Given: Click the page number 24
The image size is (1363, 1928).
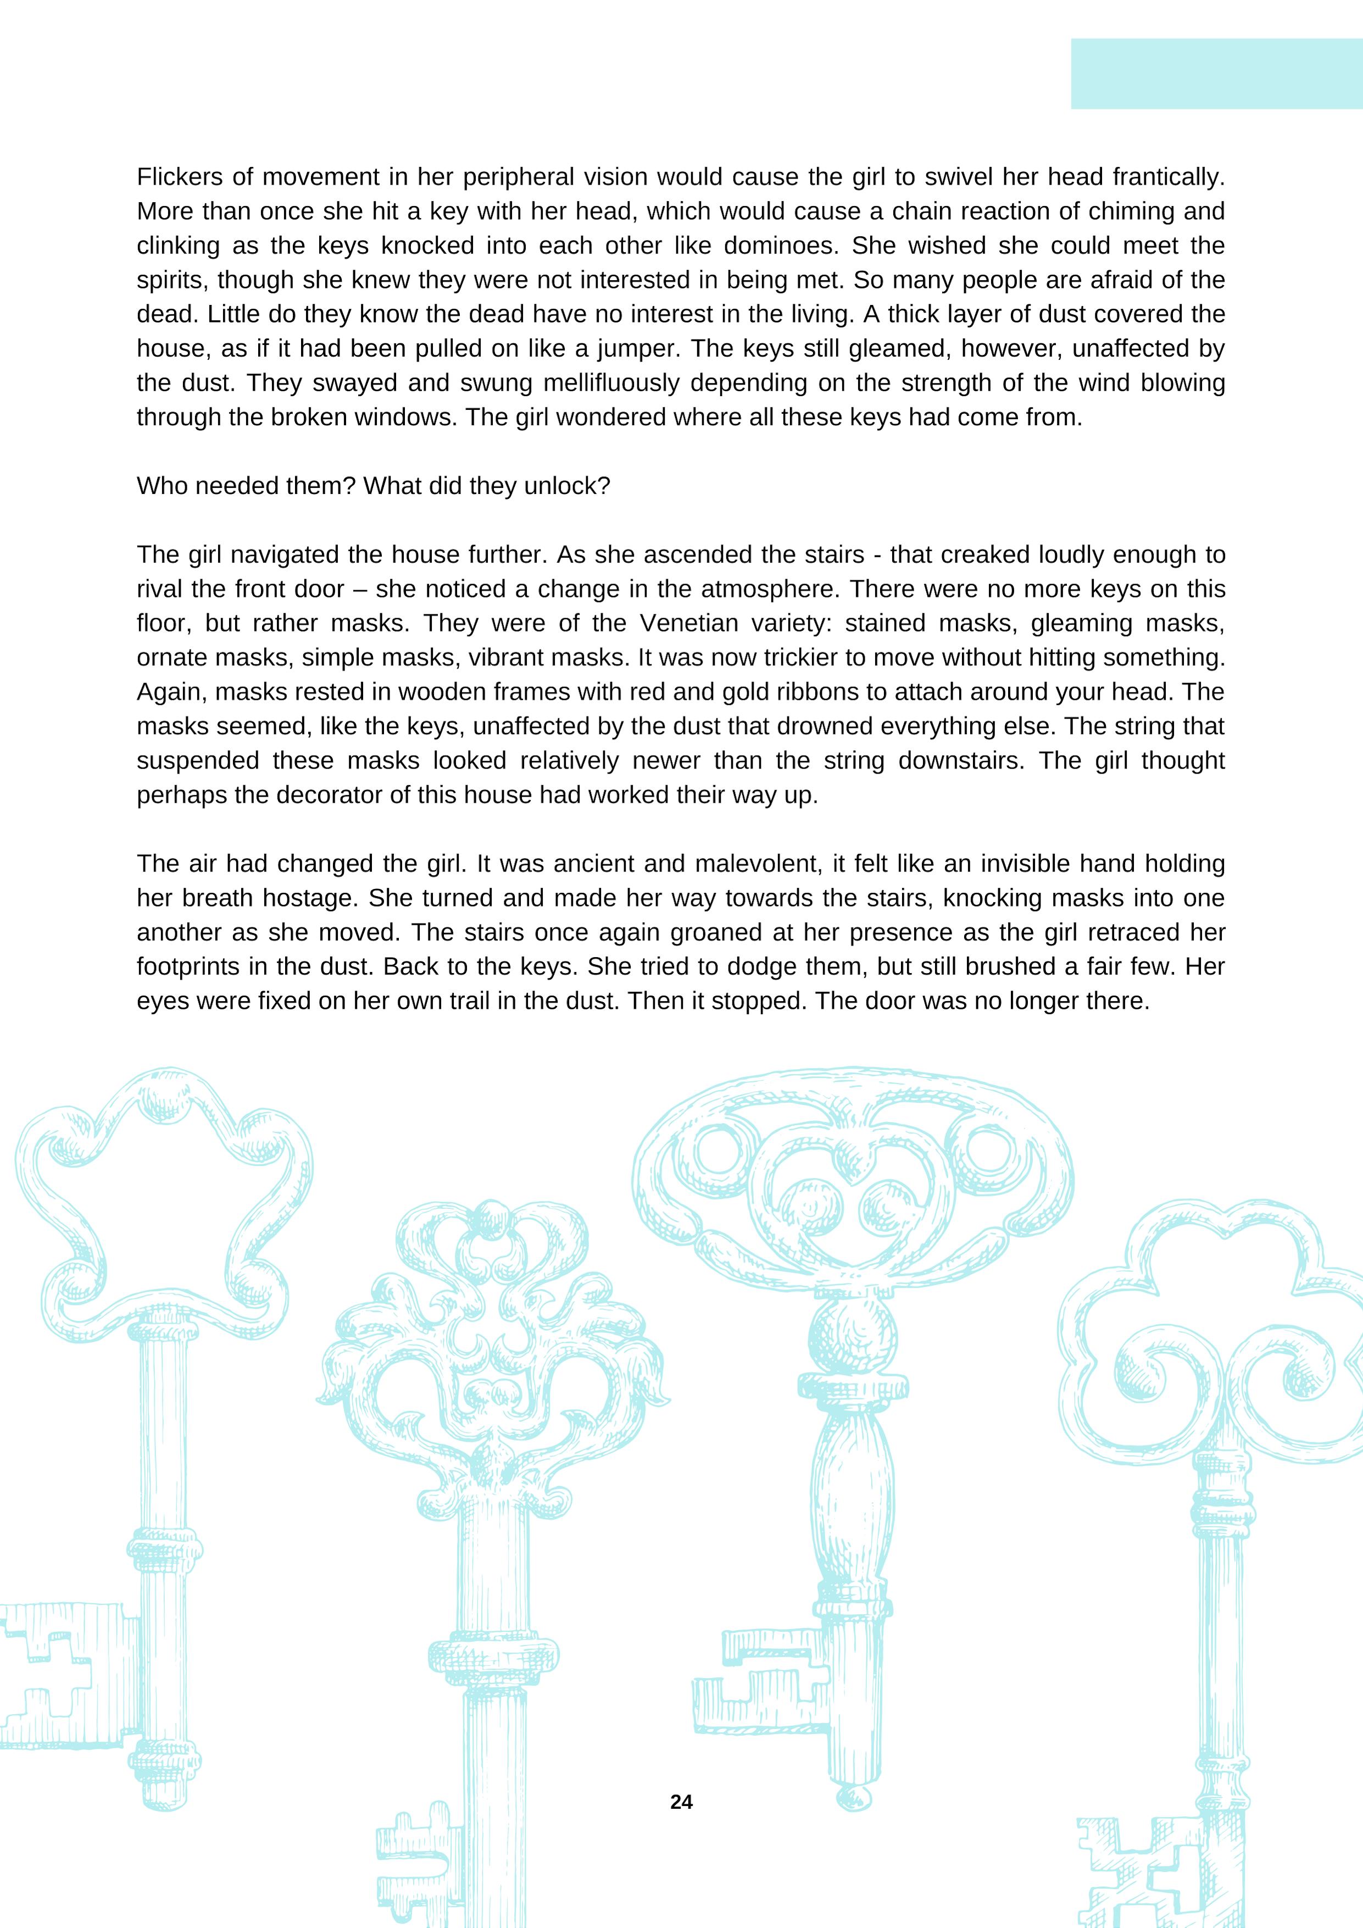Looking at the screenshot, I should click(x=681, y=1802).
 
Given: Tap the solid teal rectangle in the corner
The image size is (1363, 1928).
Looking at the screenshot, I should click(x=1216, y=74).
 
